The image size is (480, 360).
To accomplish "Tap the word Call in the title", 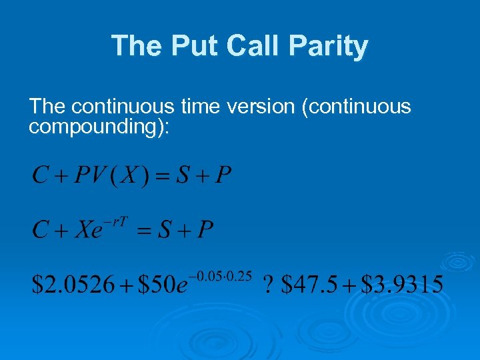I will click(x=253, y=46).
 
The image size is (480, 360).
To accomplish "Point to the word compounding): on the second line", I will click(x=99, y=127).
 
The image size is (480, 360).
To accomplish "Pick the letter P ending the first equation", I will click(x=224, y=176).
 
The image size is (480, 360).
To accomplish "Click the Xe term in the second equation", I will click(x=87, y=231).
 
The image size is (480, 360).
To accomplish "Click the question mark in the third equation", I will click(x=269, y=285).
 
